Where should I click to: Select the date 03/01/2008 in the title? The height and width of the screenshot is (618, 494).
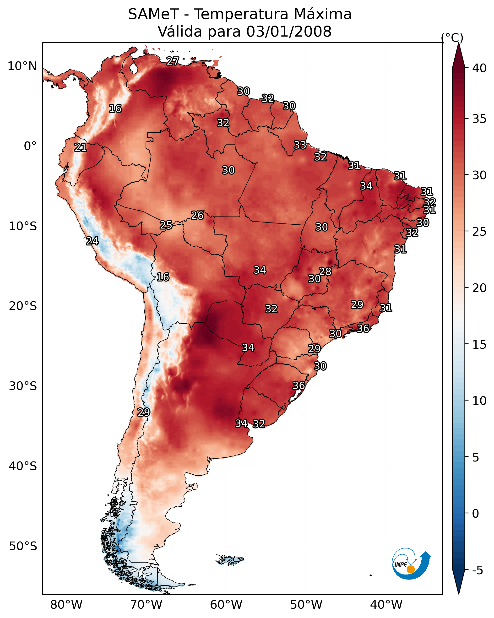[289, 32]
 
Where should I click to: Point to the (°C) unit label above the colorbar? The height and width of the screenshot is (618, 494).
[452, 38]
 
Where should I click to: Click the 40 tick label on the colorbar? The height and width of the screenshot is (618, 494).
[479, 68]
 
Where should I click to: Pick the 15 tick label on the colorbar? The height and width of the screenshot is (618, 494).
[479, 345]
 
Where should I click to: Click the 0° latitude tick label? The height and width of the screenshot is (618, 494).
[30, 146]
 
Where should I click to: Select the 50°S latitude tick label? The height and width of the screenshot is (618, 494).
[23, 546]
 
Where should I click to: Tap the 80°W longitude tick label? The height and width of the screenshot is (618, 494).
[66, 605]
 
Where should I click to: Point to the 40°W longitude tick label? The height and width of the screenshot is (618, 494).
[386, 605]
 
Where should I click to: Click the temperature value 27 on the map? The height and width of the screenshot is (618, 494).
[173, 61]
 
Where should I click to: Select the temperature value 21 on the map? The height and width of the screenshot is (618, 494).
[81, 148]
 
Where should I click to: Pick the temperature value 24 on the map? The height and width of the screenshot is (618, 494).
[92, 241]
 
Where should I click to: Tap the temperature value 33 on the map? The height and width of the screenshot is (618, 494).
[300, 145]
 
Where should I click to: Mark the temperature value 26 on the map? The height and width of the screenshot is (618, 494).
[197, 215]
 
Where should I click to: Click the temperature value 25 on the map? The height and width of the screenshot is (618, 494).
[166, 225]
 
